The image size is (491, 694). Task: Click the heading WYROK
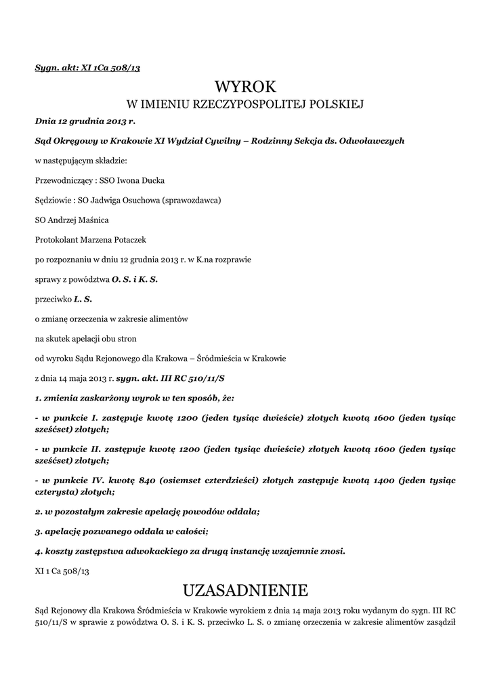tap(245, 87)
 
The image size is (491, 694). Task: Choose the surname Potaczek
tap(138, 240)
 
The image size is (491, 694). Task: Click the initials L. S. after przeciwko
tap(83, 298)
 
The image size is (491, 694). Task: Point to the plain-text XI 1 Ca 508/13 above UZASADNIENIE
tap(62, 571)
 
